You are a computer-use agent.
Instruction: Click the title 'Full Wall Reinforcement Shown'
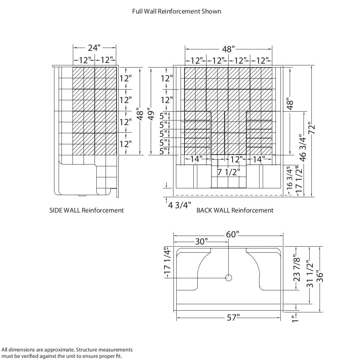(x=177, y=11)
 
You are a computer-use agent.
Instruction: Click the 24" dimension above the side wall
(x=94, y=48)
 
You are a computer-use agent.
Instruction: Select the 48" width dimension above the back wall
(x=228, y=49)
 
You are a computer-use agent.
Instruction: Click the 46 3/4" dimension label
(x=303, y=147)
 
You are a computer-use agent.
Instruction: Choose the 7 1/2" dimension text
(x=229, y=172)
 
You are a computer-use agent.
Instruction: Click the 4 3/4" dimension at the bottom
(x=180, y=205)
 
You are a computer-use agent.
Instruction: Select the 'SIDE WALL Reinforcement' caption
(x=86, y=210)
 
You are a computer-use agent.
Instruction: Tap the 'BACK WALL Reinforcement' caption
(x=235, y=210)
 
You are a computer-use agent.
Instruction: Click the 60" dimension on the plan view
(x=232, y=235)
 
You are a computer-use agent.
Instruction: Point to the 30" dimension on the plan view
(x=201, y=242)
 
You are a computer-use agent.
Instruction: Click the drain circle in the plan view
(x=229, y=278)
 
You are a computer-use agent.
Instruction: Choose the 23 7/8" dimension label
(x=297, y=268)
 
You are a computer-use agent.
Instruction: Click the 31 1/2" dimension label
(x=310, y=274)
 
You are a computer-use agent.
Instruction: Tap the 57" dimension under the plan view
(x=233, y=318)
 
